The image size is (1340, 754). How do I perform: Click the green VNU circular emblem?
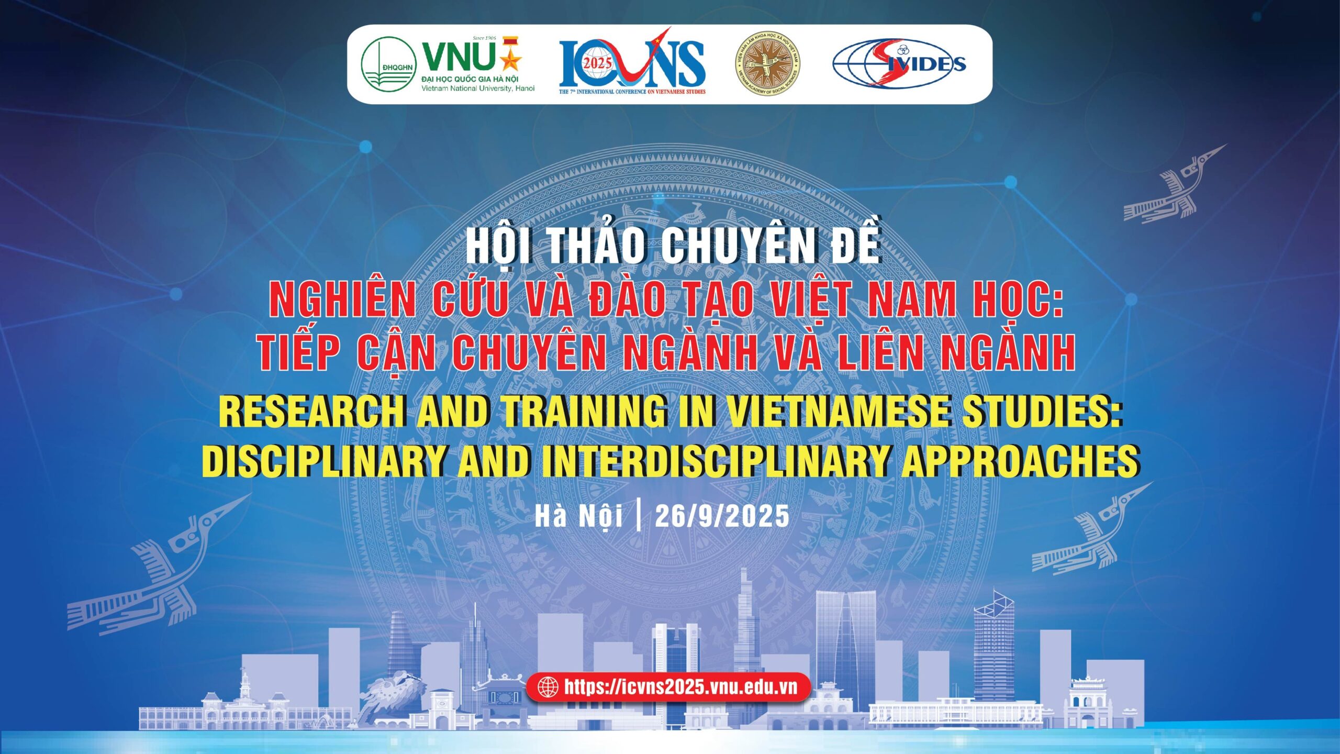[x=388, y=64]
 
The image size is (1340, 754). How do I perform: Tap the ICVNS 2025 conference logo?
[x=632, y=62]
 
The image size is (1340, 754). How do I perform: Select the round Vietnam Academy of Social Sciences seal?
[x=767, y=63]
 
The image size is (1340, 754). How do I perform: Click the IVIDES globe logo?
[x=899, y=63]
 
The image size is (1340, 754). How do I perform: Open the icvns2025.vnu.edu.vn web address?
[x=681, y=686]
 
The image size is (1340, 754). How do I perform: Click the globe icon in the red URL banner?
[x=548, y=687]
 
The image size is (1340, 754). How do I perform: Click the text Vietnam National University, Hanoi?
[x=478, y=88]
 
